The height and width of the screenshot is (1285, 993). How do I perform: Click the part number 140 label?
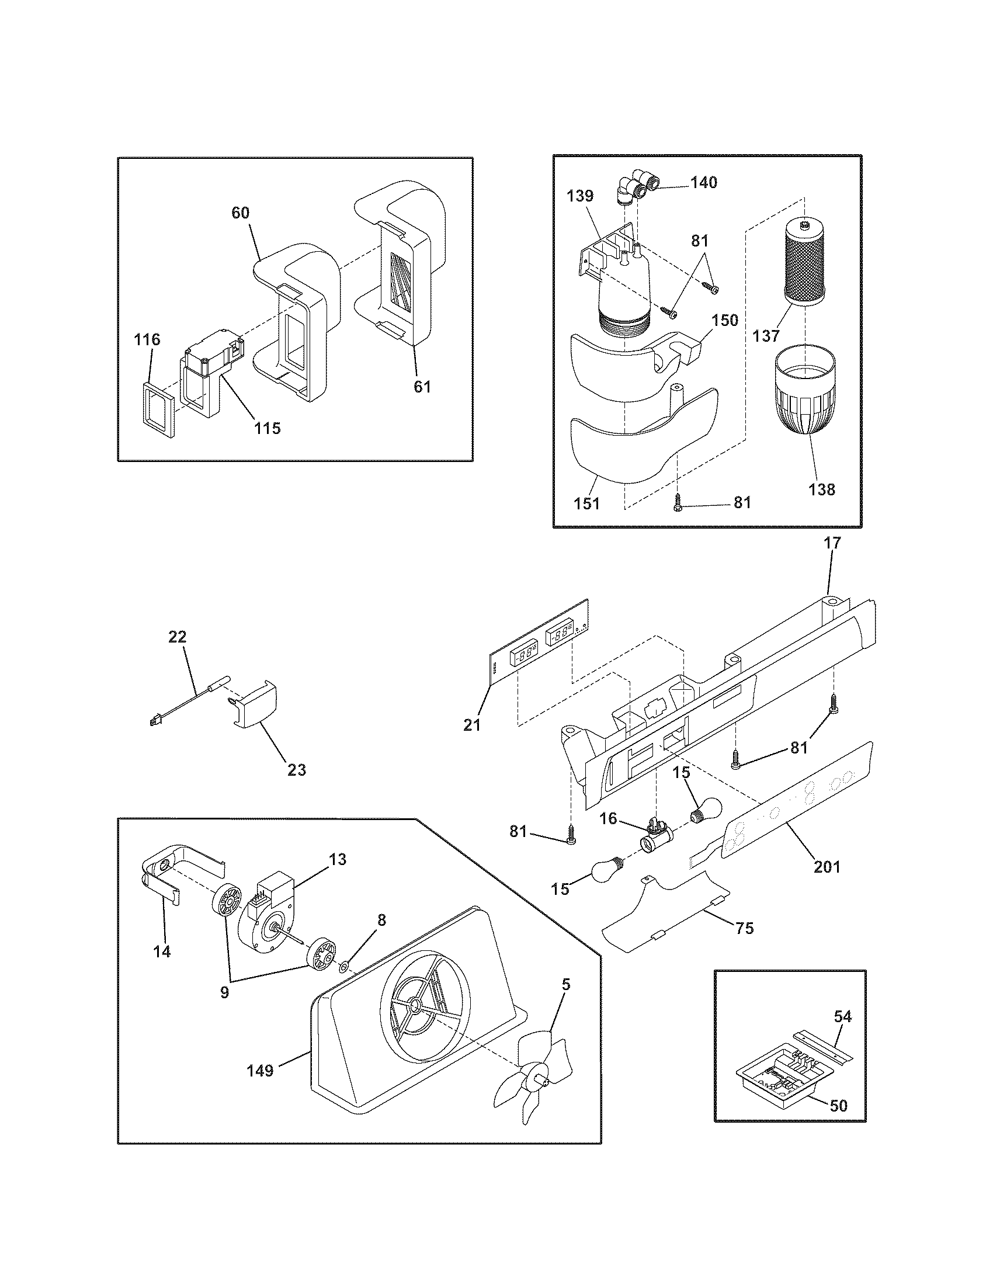[704, 182]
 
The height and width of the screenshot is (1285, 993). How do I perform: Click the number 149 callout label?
[260, 1070]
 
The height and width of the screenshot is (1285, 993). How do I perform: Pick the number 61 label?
[422, 387]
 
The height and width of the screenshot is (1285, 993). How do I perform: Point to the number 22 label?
[177, 637]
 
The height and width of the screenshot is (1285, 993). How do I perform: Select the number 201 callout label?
[827, 866]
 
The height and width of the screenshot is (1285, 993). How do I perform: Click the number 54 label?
[842, 1016]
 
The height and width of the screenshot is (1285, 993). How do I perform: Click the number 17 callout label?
[832, 543]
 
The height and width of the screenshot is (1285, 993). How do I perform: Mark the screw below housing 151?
[678, 502]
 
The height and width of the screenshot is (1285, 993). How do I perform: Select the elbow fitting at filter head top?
[633, 186]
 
